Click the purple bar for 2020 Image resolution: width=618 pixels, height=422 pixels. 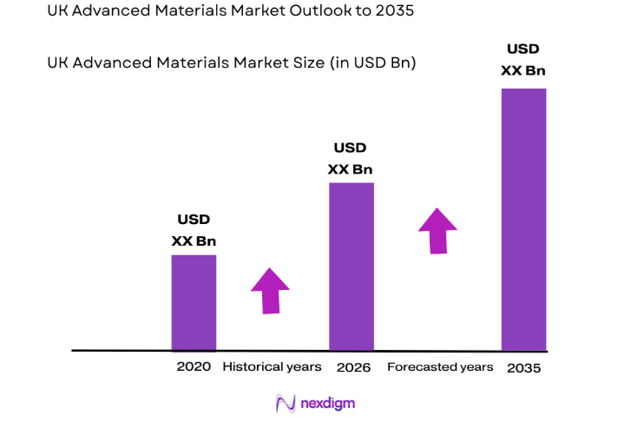(194, 302)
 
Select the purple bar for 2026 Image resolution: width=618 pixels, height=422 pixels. (351, 266)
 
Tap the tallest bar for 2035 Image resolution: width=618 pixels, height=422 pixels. (523, 219)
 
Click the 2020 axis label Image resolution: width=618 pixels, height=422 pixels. (194, 366)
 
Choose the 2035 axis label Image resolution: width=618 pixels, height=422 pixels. (523, 367)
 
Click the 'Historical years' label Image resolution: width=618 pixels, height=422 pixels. (272, 366)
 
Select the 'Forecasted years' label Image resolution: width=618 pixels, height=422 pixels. (440, 366)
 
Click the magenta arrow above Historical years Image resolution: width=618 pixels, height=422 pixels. (271, 290)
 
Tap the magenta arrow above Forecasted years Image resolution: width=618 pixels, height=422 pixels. (437, 230)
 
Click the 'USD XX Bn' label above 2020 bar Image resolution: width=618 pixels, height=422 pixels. (194, 230)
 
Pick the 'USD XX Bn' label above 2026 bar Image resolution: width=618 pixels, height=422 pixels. (351, 158)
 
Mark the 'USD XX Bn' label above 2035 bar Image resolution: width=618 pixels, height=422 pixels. (523, 58)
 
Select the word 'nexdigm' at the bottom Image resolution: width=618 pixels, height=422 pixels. (328, 404)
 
